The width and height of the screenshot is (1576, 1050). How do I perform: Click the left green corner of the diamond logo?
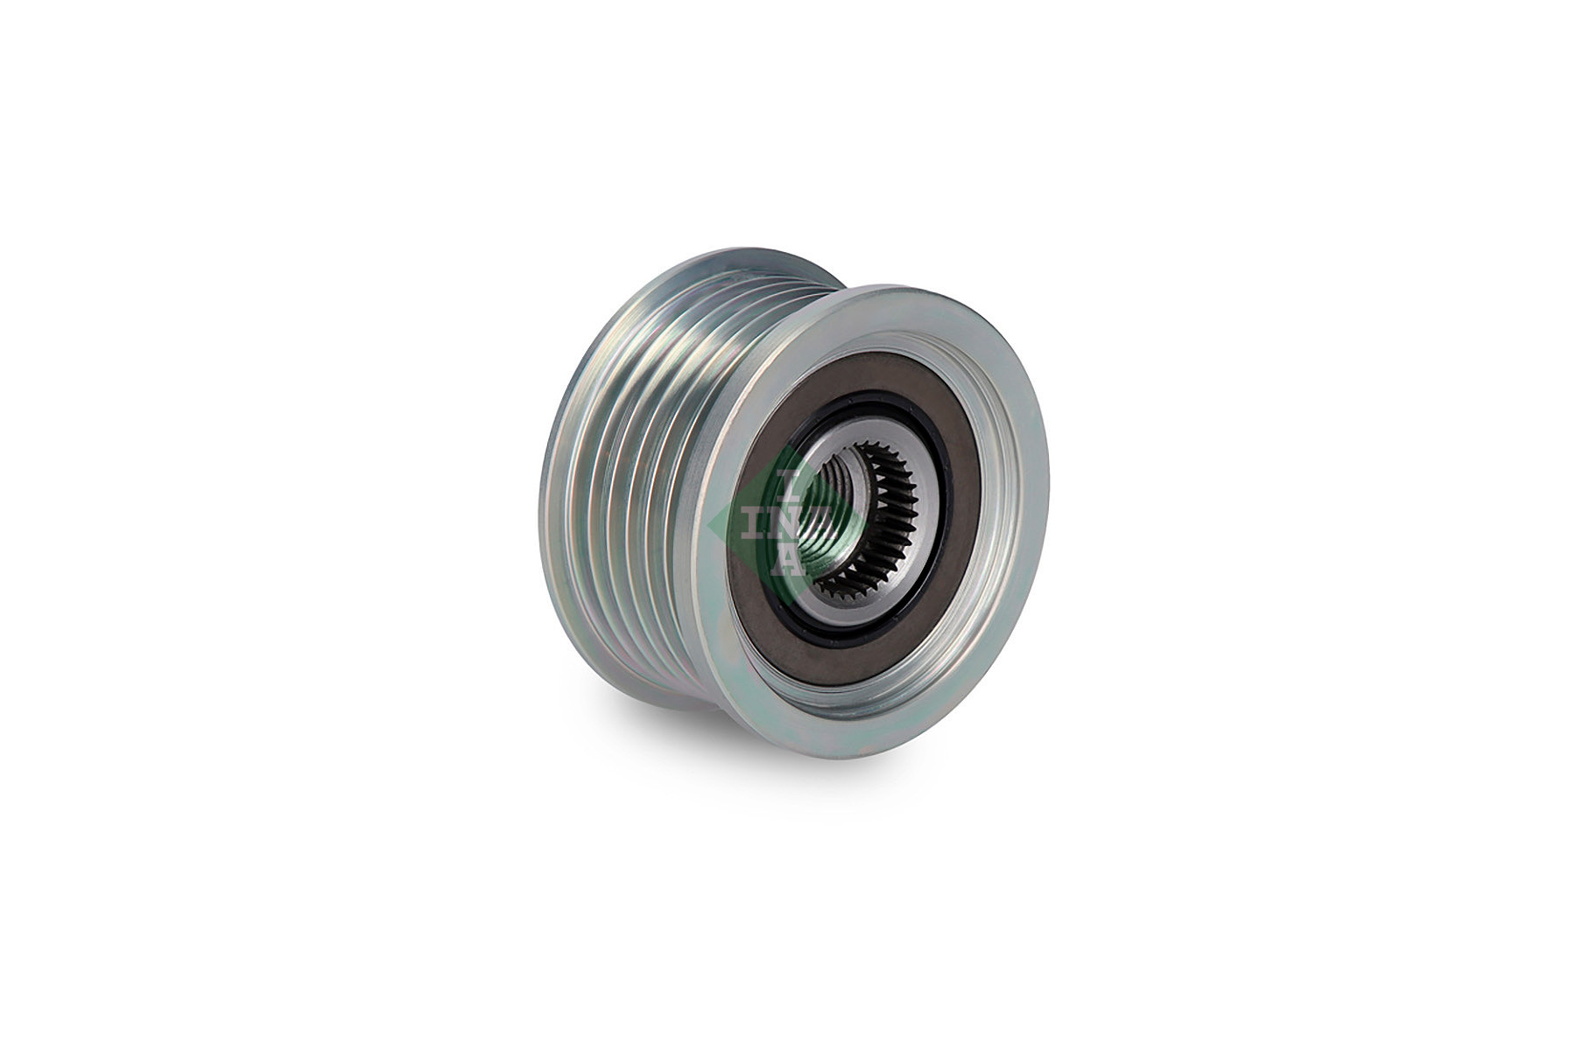point(714,524)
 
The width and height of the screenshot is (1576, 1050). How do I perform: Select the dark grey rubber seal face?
point(950,472)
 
